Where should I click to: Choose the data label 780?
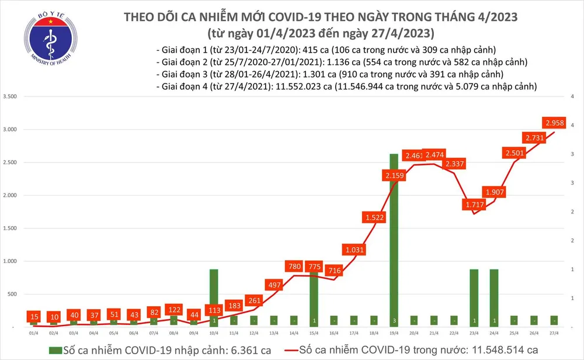coord(294,267)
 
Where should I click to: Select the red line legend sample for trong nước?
coord(279,349)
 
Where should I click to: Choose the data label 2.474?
coord(434,155)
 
